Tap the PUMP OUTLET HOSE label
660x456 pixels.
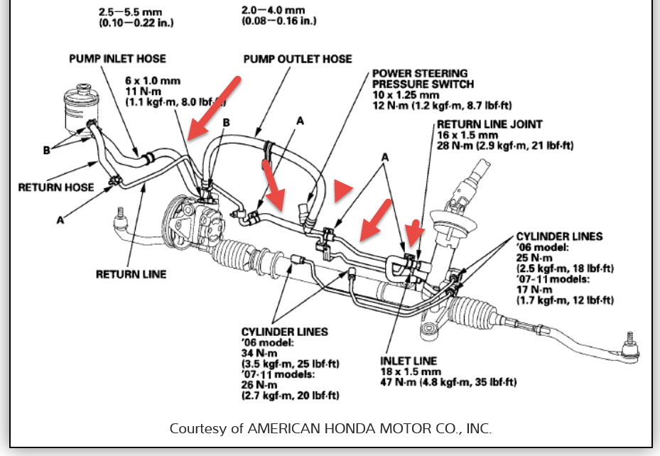coord(298,58)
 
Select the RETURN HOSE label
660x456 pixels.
coord(56,188)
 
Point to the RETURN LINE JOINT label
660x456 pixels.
coord(489,124)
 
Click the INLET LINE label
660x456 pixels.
coord(409,361)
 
